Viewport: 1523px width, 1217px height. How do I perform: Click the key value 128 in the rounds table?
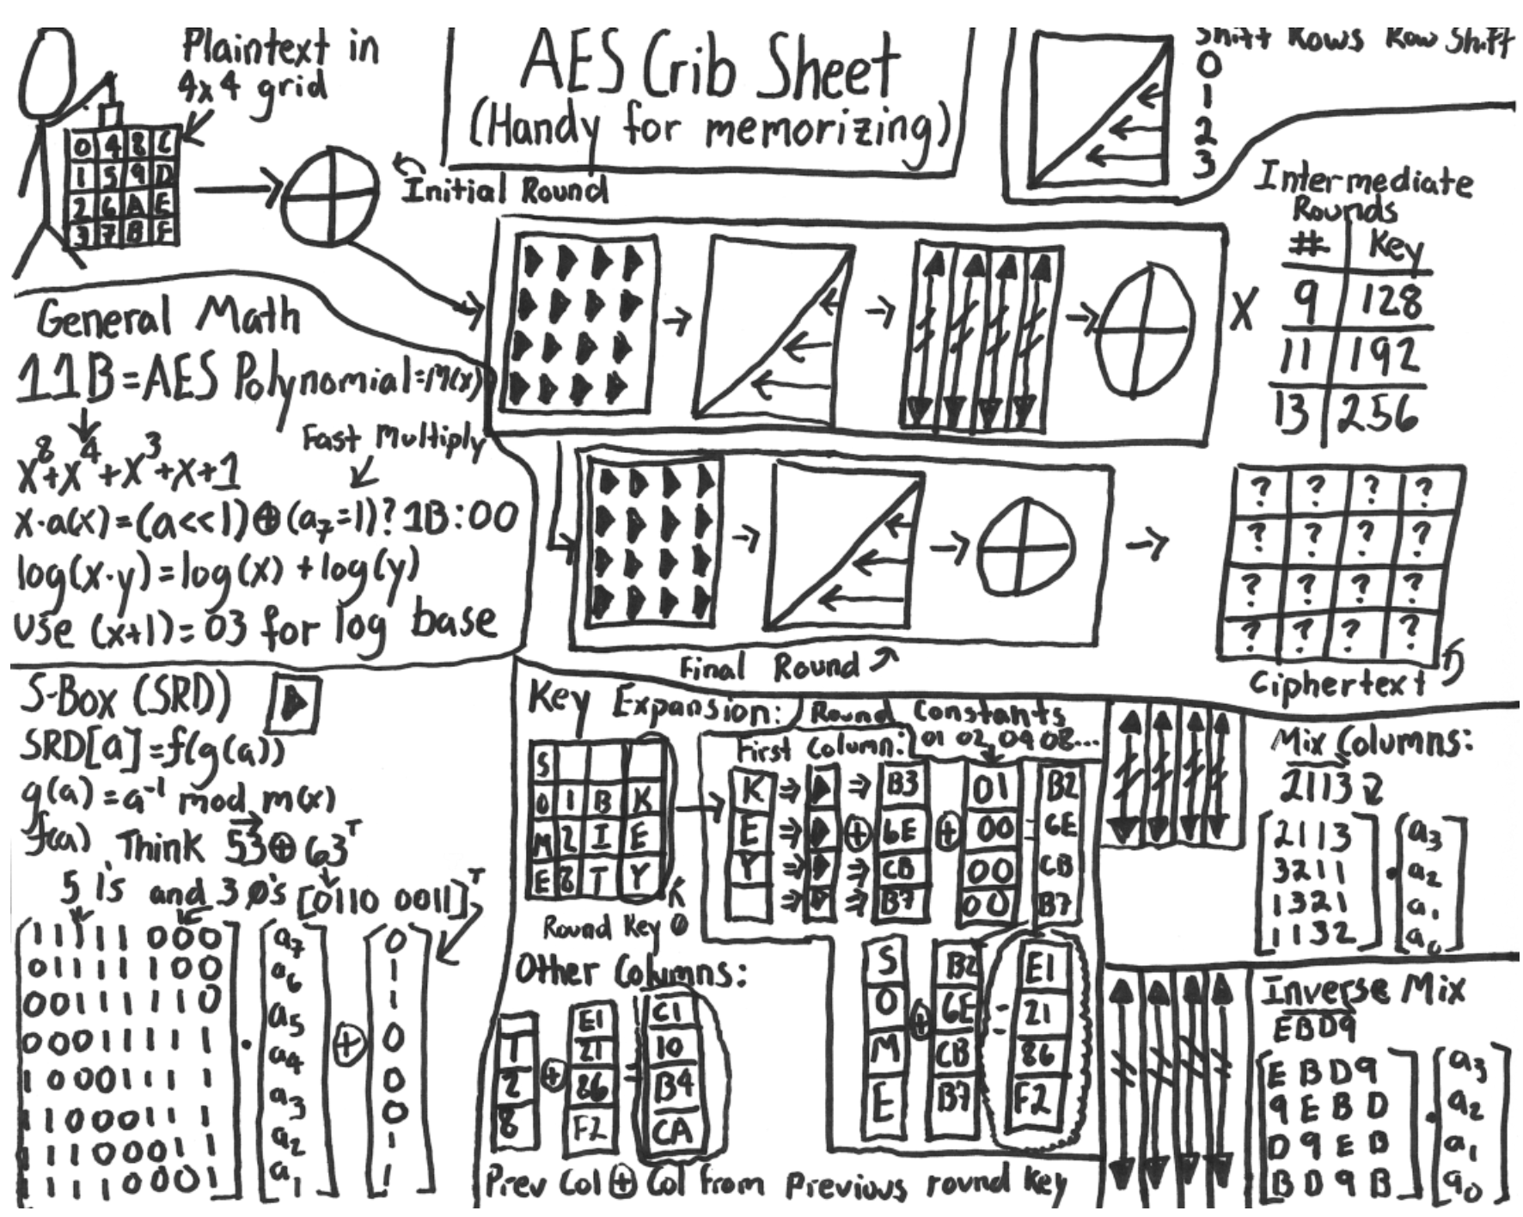1392,301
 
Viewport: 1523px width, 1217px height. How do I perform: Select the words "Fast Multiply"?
392,440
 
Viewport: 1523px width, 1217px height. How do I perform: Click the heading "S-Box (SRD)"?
125,699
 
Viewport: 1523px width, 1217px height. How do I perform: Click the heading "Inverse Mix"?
1363,991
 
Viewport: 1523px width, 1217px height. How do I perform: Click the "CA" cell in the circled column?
673,1130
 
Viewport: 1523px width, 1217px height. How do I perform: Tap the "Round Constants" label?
937,713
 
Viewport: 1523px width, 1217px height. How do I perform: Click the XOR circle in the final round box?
1028,547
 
